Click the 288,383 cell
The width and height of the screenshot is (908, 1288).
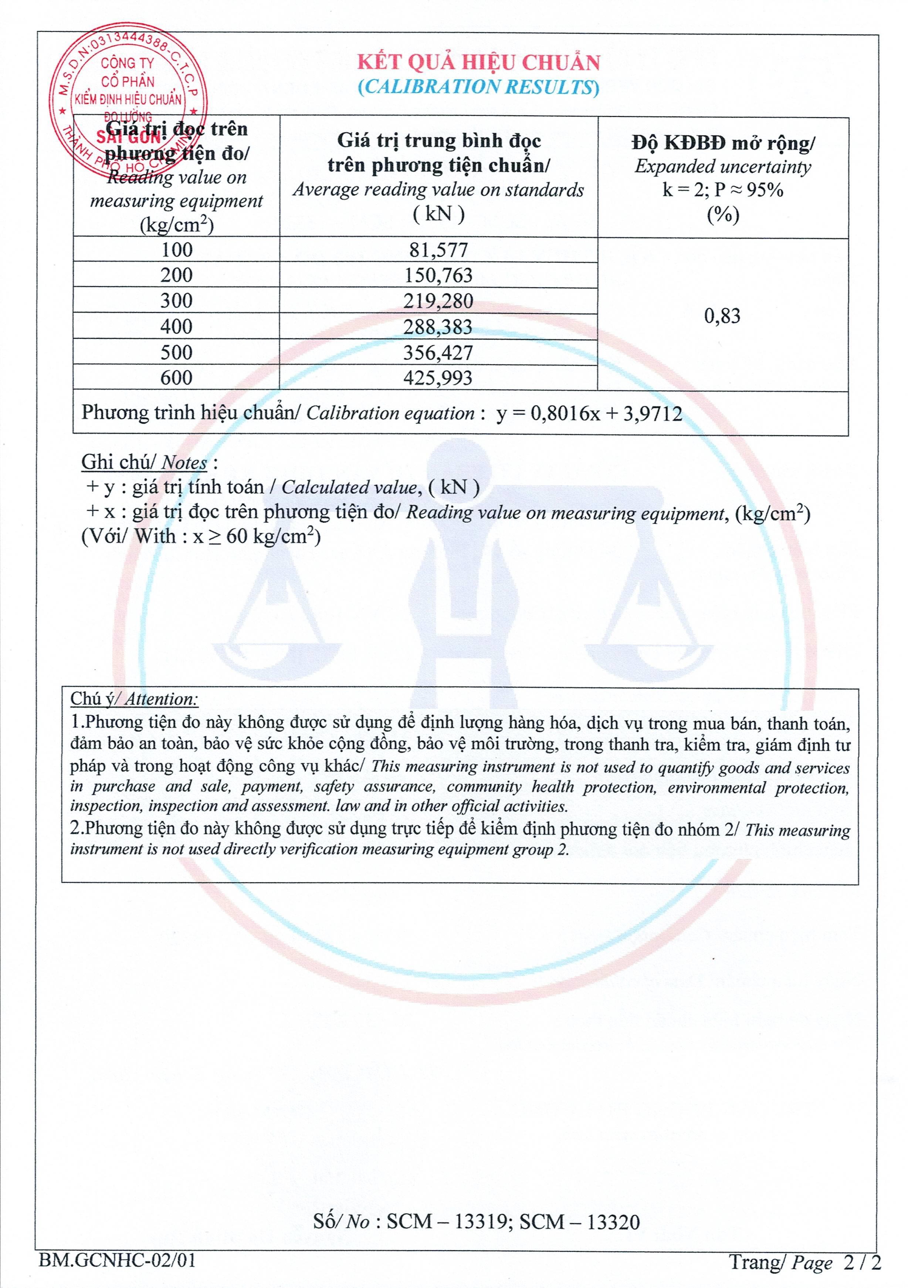(x=438, y=327)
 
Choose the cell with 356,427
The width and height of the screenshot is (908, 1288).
(x=438, y=352)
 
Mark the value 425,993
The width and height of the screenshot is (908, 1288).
(x=438, y=378)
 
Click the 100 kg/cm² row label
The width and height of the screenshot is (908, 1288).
(x=177, y=250)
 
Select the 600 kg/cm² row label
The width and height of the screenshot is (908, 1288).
(x=177, y=378)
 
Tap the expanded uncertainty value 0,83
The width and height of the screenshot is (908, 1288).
(x=722, y=316)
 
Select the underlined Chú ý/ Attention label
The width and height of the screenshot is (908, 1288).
(x=134, y=699)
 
